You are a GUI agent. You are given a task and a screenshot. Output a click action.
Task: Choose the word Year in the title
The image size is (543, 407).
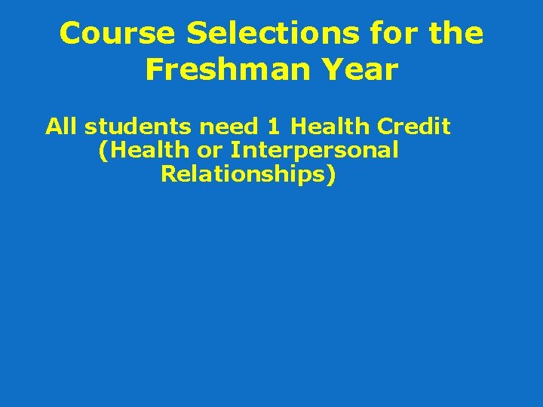358,70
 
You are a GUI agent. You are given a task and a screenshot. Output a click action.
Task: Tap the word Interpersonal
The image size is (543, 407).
314,150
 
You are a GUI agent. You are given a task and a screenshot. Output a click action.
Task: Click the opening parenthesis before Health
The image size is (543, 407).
103,151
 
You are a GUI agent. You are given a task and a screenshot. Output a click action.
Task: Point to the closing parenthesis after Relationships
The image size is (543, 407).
331,175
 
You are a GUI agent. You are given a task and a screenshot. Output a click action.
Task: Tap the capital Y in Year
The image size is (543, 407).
330,70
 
